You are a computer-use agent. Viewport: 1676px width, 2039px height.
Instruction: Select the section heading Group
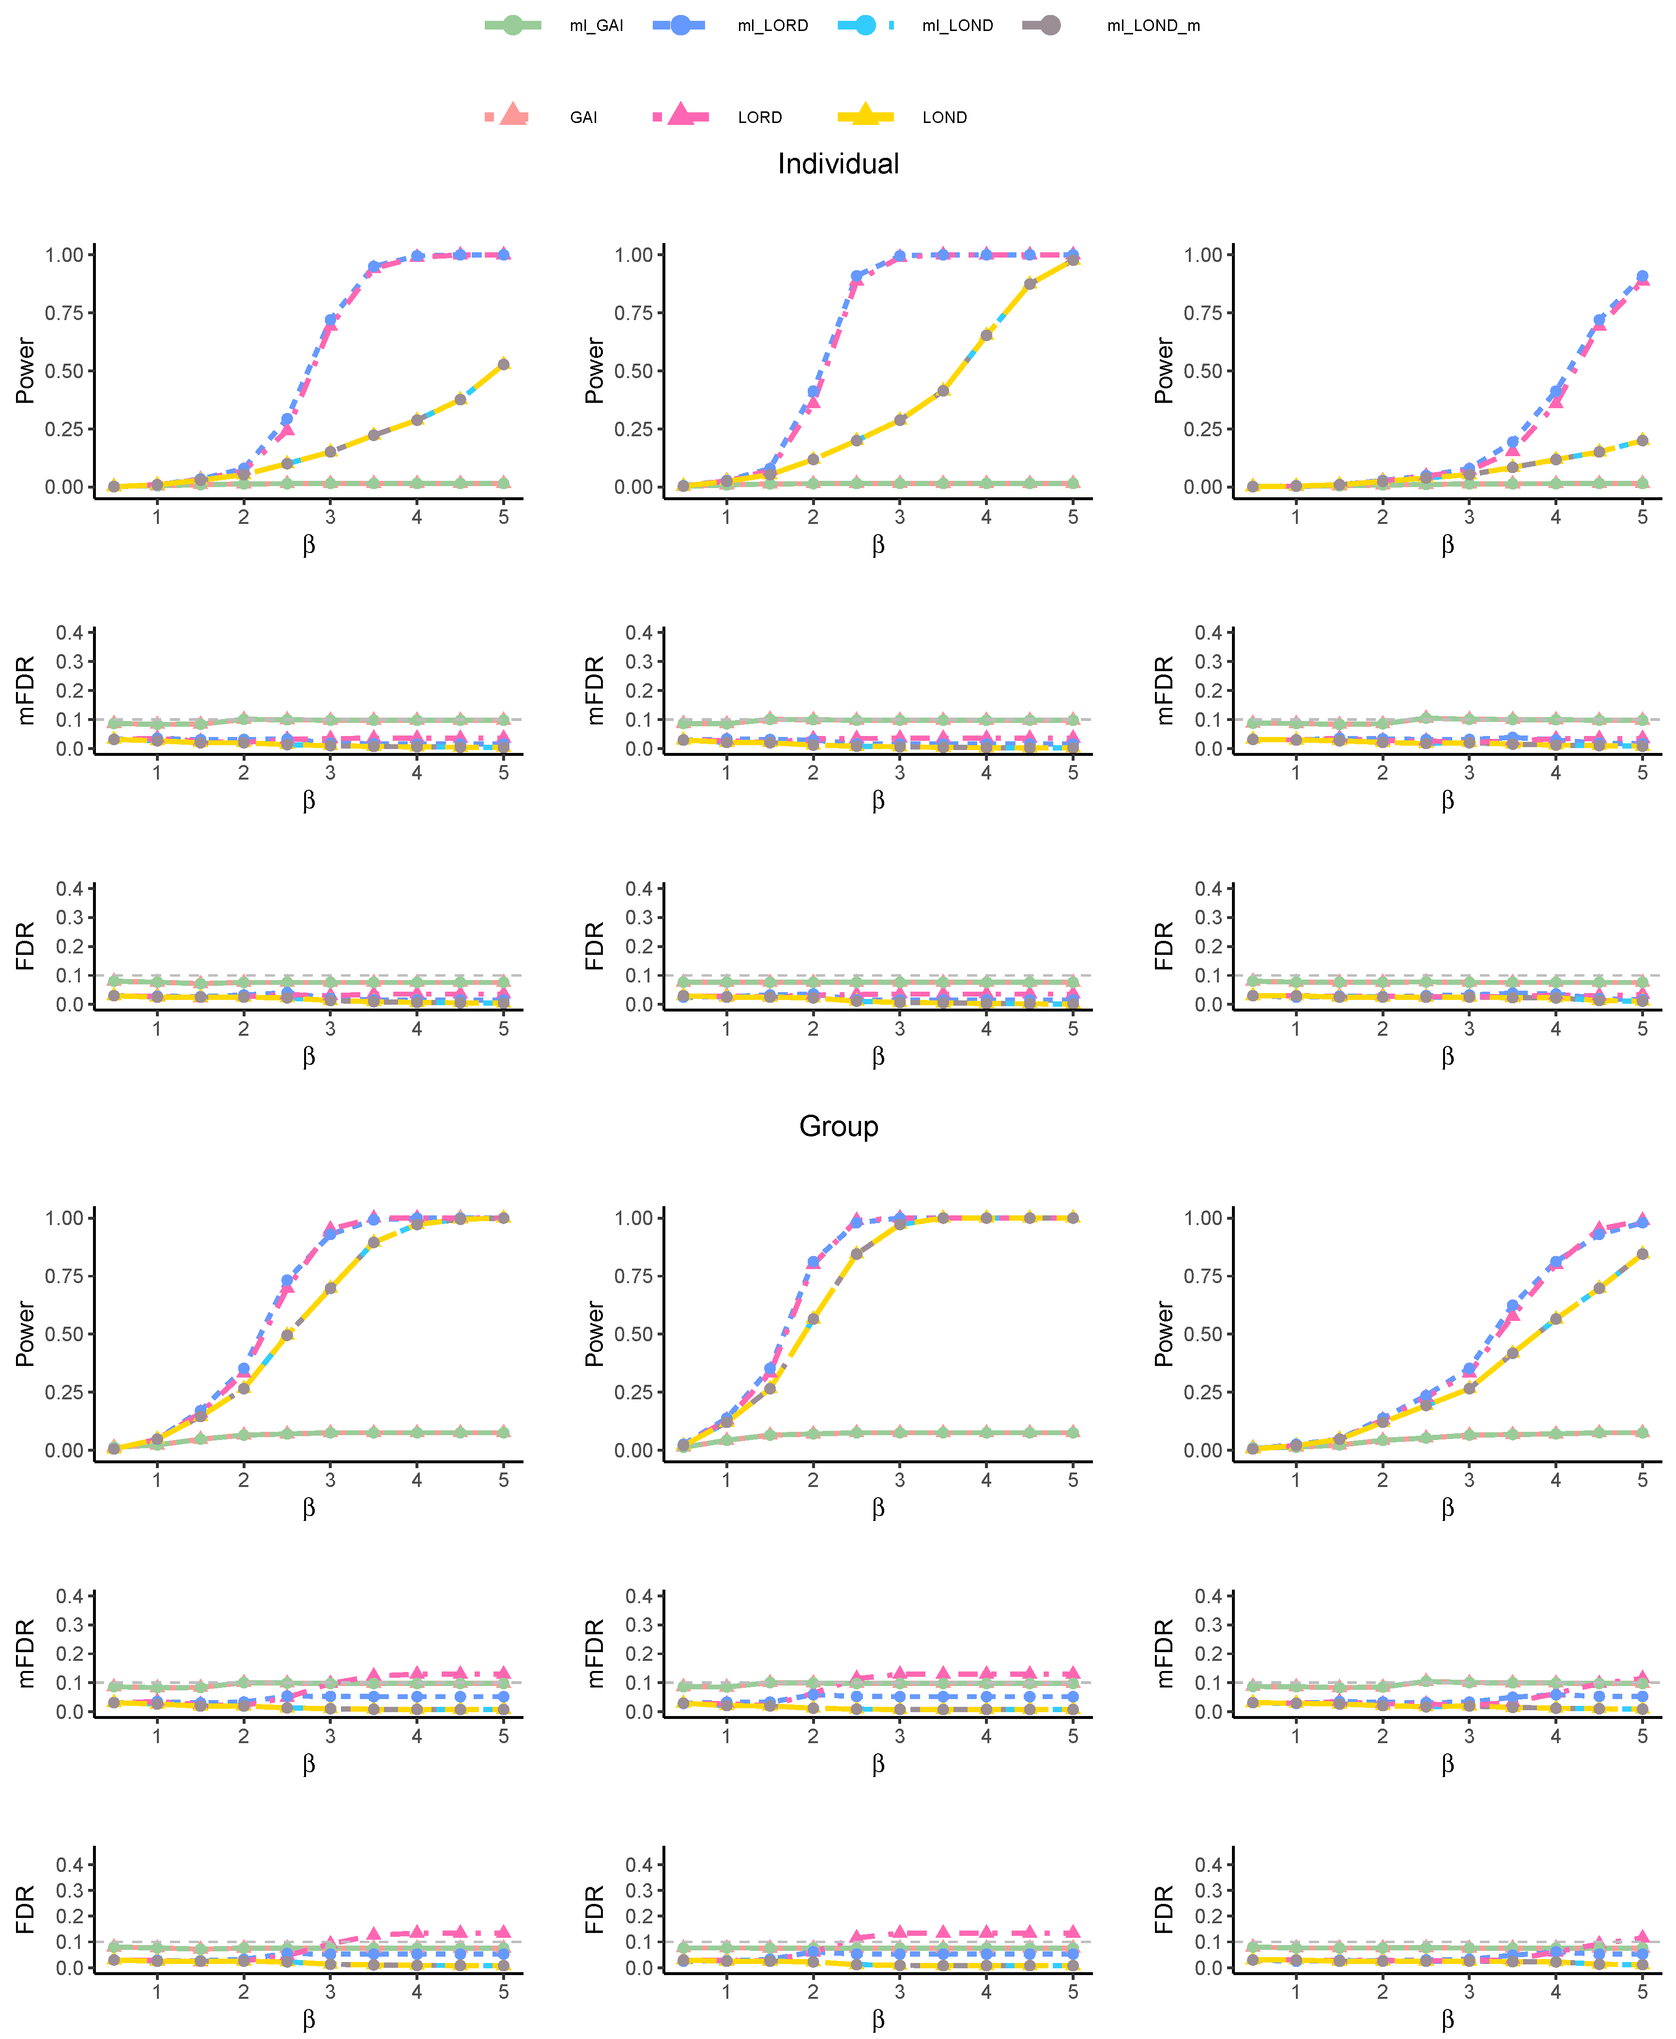coord(838,1127)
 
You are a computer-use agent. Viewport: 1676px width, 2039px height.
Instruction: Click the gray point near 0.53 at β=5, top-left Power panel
coord(503,364)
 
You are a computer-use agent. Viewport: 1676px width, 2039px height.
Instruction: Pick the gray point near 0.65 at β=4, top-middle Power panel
coord(986,335)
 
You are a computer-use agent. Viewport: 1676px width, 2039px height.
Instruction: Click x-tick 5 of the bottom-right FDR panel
coord(1642,1992)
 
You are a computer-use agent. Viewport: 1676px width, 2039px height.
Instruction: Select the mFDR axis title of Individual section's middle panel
coord(595,690)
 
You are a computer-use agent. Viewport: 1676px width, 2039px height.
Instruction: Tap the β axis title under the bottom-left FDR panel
coord(309,2020)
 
